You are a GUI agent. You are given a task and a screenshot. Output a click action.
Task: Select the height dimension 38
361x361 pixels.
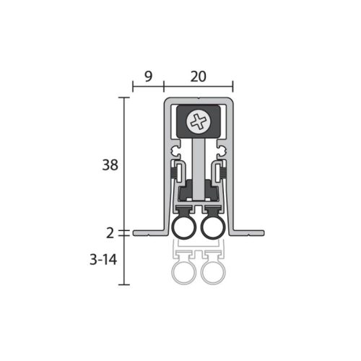pyautogui.click(x=110, y=165)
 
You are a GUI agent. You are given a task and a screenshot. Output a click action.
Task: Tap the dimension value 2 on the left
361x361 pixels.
pyautogui.click(x=110, y=232)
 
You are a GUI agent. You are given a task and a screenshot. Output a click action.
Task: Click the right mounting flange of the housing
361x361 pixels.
pyautogui.click(x=249, y=232)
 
